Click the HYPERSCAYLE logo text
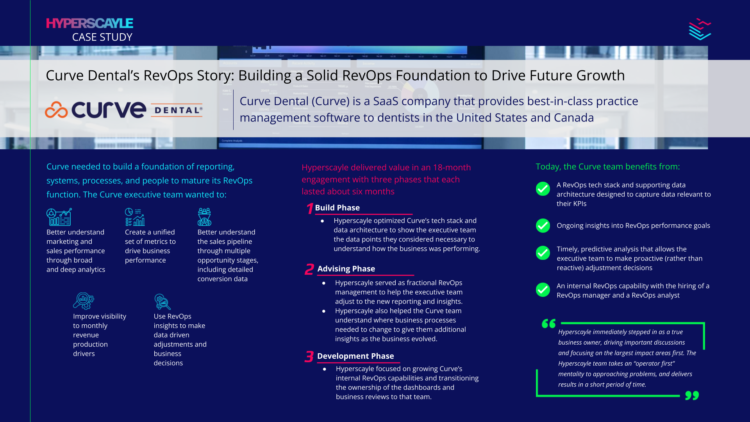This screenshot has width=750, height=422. point(89,23)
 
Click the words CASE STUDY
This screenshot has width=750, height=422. point(102,37)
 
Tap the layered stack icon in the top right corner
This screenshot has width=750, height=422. point(700,29)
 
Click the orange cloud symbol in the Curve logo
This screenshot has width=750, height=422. point(56,110)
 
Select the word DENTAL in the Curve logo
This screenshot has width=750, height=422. point(177,111)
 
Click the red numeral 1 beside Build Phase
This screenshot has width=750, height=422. point(309,208)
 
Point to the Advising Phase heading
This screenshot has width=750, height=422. point(346,269)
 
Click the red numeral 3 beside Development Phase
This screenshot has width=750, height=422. point(309,356)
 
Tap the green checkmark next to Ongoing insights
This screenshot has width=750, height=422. point(543,225)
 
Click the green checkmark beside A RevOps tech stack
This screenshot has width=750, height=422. point(543,189)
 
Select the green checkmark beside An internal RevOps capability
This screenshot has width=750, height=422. point(543,290)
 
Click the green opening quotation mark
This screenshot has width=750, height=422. point(548,324)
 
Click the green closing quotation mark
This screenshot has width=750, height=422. point(692,395)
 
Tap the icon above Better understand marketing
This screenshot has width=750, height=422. point(59,217)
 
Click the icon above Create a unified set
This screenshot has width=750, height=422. point(135,217)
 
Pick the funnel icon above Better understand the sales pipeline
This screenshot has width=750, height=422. point(204,217)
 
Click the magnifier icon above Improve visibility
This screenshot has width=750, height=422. point(83,301)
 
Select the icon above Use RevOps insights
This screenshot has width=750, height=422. point(162,302)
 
